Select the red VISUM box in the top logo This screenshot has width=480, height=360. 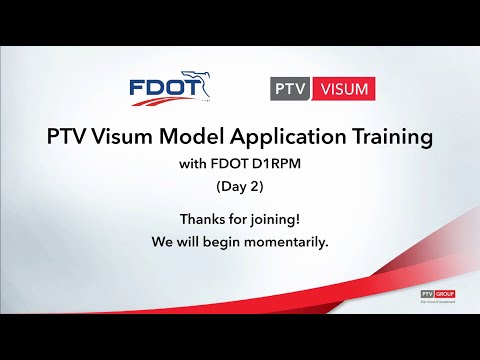[340, 89]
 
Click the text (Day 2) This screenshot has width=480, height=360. [238, 186]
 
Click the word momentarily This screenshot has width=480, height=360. [285, 241]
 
